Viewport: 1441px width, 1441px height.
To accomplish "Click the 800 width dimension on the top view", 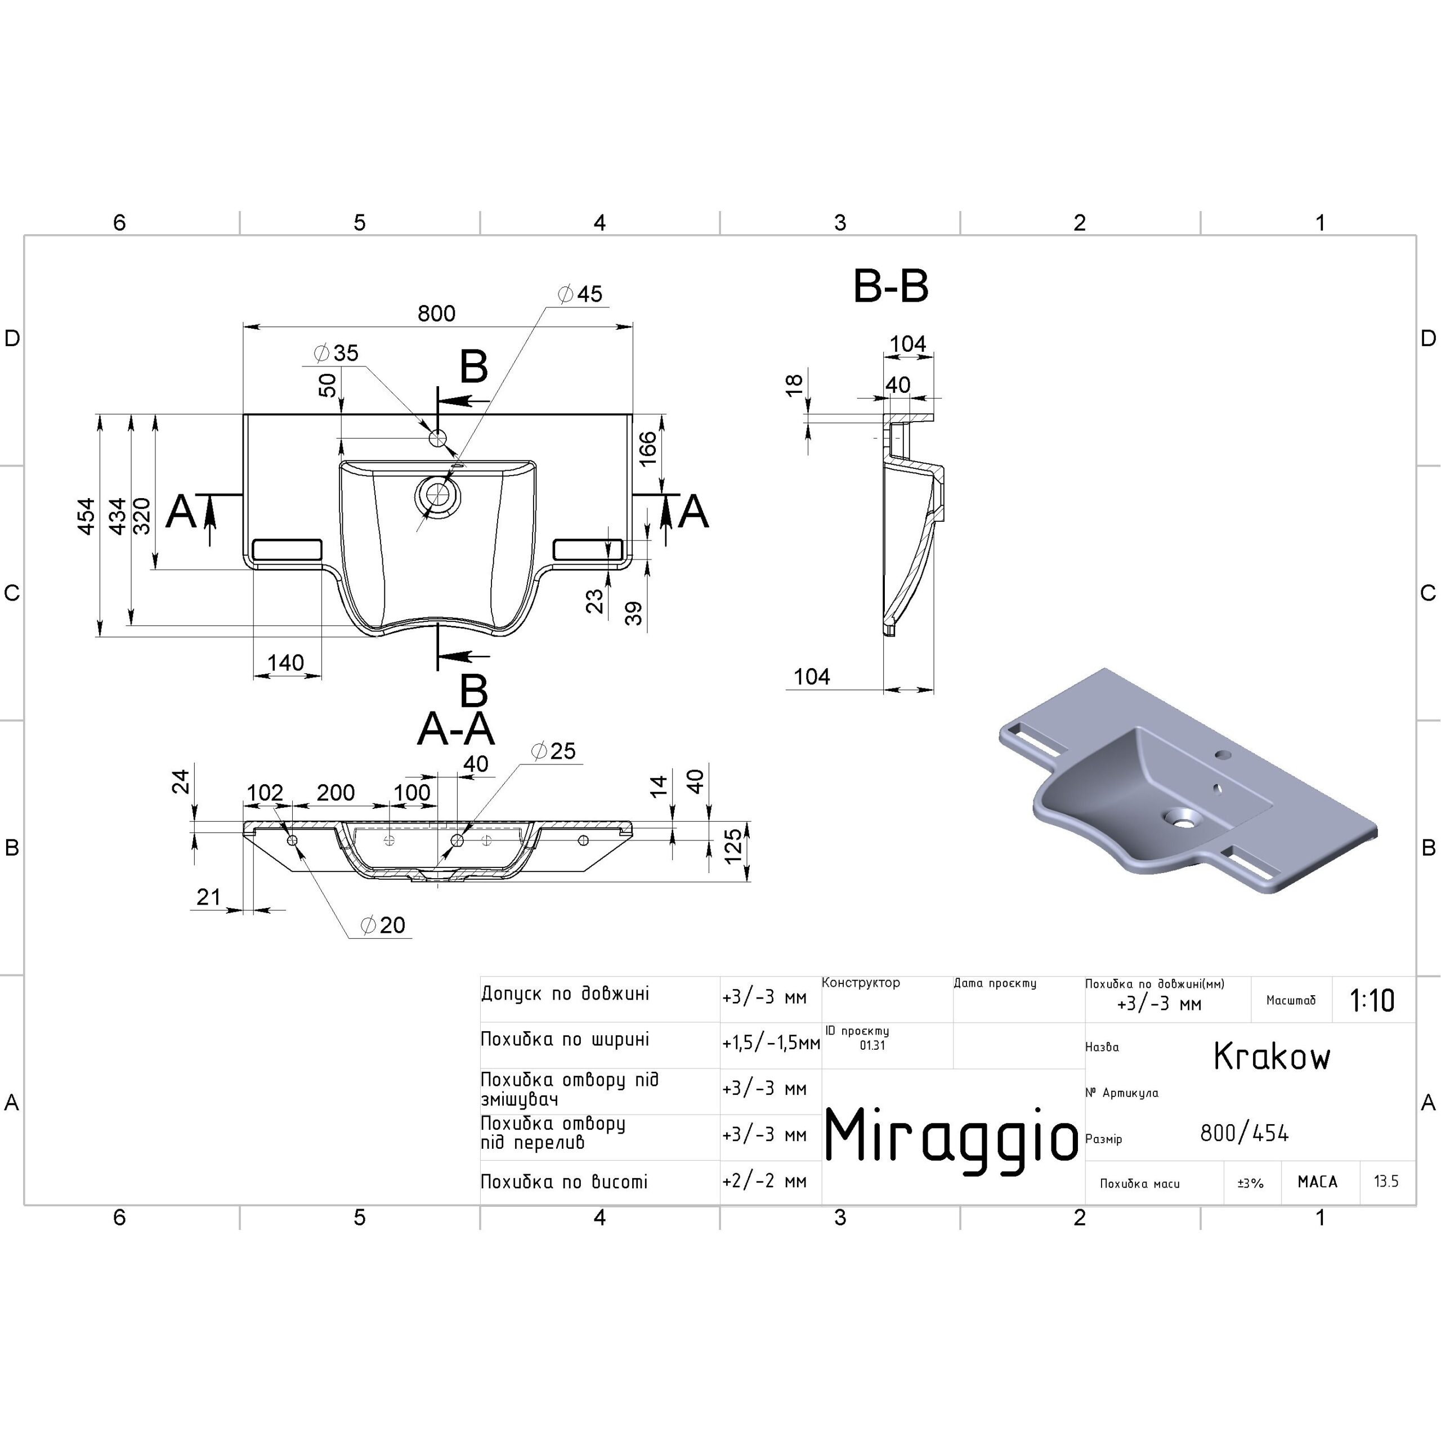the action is click(436, 314).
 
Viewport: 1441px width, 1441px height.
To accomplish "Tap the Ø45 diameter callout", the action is click(580, 294).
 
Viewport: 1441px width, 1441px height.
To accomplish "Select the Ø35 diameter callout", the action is click(337, 353).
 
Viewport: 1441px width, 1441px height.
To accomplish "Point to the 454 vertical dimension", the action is click(87, 516).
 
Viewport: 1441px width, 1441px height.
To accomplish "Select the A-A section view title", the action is click(456, 729).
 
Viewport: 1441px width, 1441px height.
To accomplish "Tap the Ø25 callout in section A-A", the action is click(553, 751).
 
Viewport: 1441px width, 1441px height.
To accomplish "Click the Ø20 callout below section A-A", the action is click(383, 925).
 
